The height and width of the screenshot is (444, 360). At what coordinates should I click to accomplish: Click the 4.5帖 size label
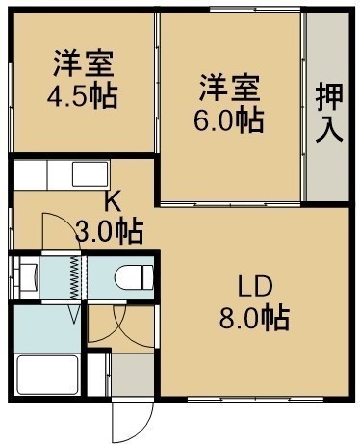(82, 96)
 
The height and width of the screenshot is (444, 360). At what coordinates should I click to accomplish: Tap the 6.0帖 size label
(228, 121)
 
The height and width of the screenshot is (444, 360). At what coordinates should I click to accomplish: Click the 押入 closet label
(329, 113)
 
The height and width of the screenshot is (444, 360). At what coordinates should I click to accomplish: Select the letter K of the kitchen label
(114, 203)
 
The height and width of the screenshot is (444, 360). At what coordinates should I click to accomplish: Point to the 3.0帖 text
(109, 232)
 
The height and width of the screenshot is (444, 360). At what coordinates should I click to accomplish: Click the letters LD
(255, 287)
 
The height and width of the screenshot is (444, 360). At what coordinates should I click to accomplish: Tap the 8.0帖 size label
(254, 319)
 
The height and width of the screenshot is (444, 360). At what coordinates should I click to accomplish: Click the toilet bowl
(134, 277)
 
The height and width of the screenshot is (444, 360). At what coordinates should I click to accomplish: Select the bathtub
(48, 375)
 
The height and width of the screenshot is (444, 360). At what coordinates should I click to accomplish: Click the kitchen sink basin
(90, 174)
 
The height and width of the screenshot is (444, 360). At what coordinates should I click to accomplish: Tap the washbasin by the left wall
(29, 276)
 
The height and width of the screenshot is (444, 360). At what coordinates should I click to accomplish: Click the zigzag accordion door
(74, 277)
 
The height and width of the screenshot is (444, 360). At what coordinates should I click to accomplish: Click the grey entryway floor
(133, 375)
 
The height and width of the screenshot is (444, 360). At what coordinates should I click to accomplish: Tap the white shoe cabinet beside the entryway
(97, 375)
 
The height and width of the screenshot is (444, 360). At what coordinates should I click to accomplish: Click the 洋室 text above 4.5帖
(84, 64)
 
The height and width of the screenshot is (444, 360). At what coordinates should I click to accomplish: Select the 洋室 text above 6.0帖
(230, 88)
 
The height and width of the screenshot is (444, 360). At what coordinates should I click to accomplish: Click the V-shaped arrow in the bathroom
(74, 314)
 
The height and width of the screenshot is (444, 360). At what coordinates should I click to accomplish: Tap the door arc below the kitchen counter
(61, 230)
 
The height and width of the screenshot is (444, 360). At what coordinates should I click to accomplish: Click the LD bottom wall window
(255, 399)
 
